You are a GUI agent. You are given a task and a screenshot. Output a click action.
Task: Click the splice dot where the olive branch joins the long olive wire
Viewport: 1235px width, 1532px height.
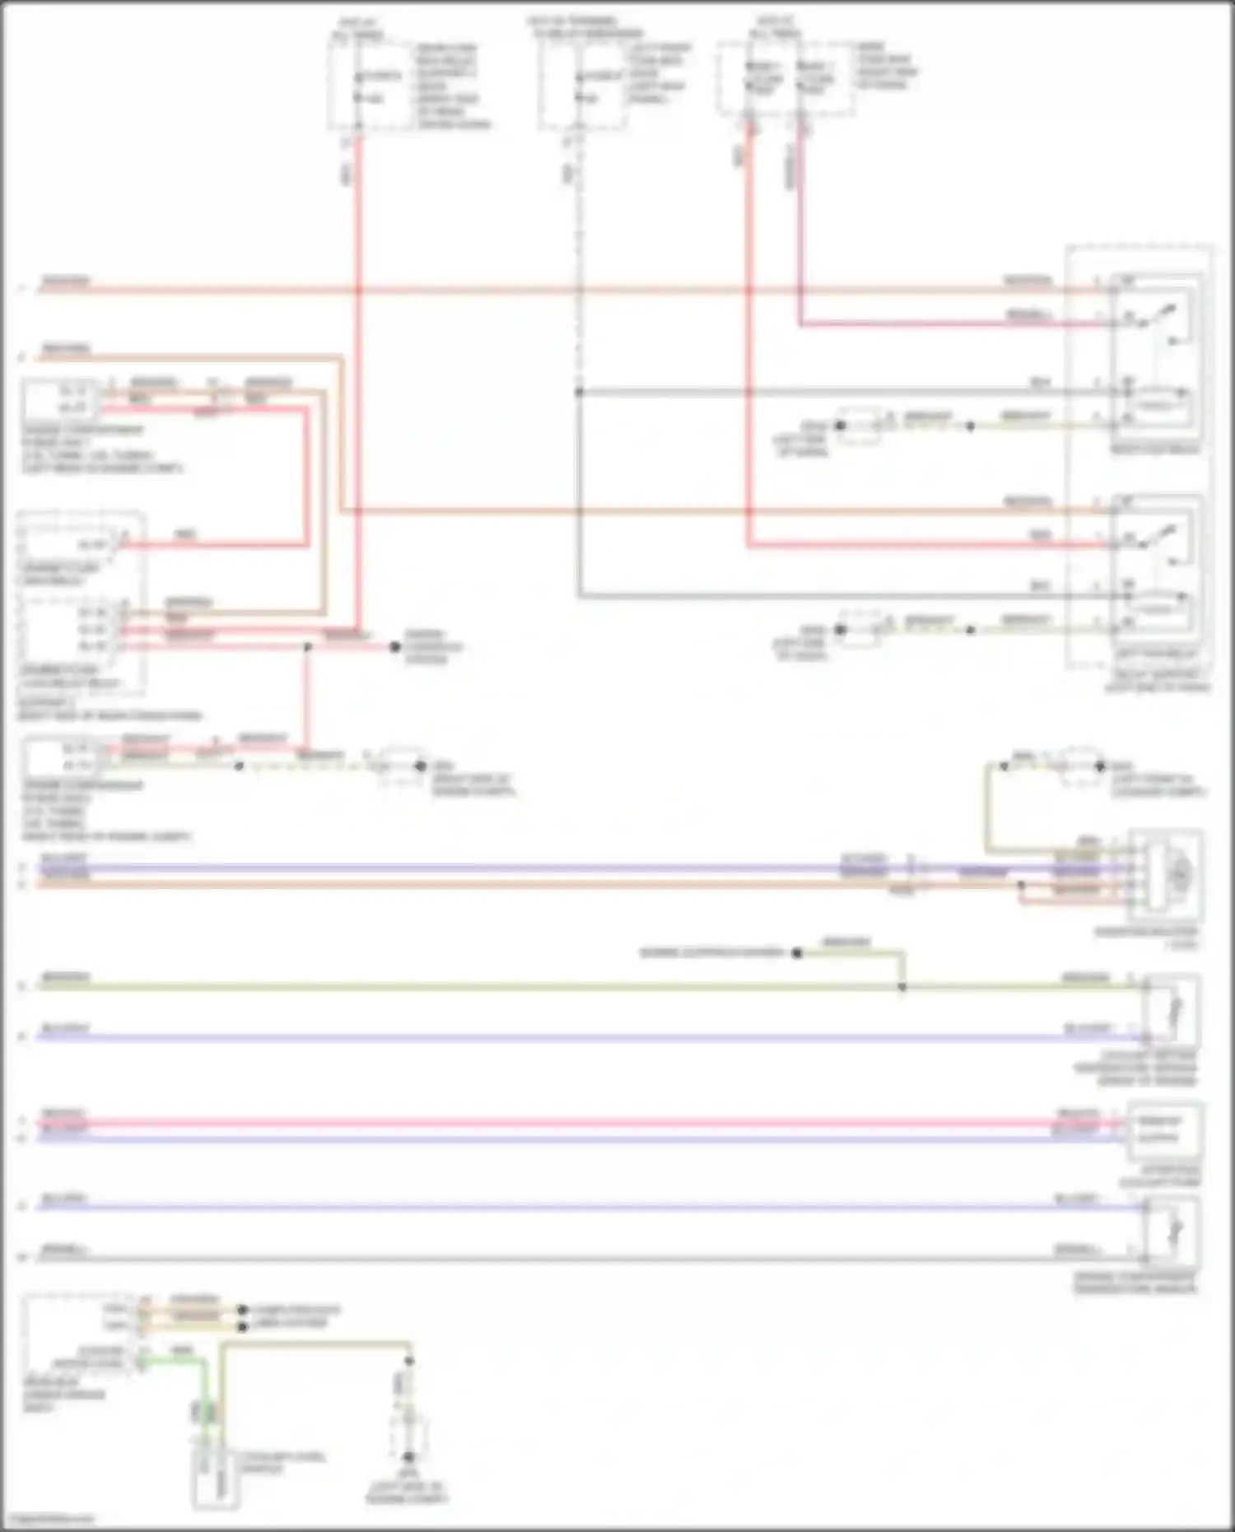pos(902,986)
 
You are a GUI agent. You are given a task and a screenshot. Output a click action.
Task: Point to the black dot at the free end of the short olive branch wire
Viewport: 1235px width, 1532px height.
pos(797,953)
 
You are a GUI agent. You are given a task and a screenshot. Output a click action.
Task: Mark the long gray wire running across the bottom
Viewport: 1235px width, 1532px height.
pos(576,1258)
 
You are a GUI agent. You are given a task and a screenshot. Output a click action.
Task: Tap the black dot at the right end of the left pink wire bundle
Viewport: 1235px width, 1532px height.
pos(395,647)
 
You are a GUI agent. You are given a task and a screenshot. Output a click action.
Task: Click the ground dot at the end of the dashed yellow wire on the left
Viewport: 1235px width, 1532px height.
pos(420,766)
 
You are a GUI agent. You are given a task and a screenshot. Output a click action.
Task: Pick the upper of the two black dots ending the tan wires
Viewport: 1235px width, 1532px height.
pos(242,1309)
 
